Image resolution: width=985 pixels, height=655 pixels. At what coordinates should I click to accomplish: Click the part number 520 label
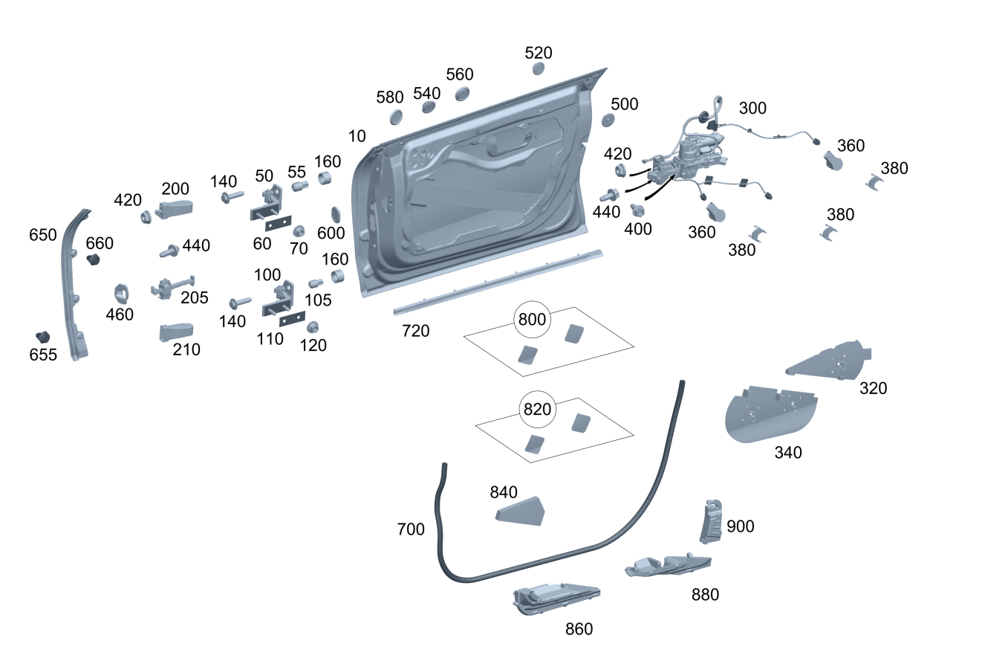point(539,53)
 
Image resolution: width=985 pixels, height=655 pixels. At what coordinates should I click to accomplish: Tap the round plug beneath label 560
point(462,94)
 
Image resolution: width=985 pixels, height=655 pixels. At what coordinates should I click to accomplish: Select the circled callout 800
point(532,320)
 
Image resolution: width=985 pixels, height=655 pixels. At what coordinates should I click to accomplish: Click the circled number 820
point(537,410)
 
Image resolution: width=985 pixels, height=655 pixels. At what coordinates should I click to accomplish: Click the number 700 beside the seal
point(411,529)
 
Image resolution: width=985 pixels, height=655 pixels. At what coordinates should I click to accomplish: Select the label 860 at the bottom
point(579,629)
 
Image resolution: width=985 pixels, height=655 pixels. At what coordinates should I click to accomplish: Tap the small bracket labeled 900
point(711,522)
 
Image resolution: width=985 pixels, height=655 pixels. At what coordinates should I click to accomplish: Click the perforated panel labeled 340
point(771,414)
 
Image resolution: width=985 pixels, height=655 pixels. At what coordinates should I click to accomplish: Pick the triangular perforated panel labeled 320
point(828,360)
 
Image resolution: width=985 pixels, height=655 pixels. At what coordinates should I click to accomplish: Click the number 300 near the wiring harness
point(752,109)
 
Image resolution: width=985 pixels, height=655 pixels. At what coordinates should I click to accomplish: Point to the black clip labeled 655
point(42,338)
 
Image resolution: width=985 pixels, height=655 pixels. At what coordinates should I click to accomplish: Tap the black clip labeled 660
point(93,259)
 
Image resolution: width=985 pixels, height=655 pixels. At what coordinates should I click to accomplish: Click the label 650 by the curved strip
point(42,235)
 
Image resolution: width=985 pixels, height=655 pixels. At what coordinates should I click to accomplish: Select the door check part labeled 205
point(172,288)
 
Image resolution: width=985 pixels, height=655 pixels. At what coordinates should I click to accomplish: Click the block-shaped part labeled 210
point(176,332)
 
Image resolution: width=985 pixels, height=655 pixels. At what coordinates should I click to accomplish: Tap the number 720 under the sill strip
point(415,331)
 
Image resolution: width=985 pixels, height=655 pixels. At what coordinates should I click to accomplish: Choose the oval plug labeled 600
point(336,214)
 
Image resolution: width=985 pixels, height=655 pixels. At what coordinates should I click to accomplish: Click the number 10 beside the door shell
point(357,137)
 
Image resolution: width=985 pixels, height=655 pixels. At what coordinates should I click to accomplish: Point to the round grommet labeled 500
point(608,120)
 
